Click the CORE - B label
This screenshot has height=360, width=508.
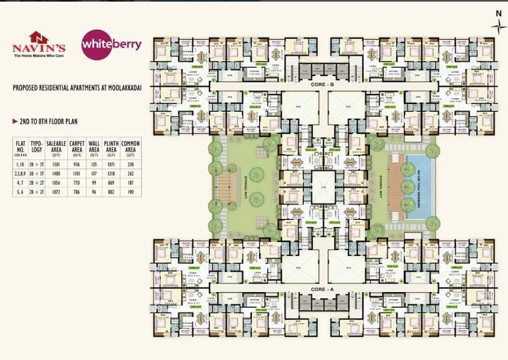point(322,84)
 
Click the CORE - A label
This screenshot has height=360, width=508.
point(322,289)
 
